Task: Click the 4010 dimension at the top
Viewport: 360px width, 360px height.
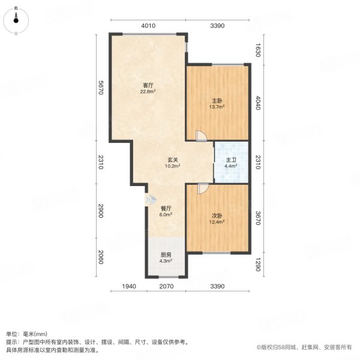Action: point(149,25)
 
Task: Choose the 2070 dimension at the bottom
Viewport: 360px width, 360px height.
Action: point(166,286)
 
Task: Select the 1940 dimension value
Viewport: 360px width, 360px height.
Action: point(127,286)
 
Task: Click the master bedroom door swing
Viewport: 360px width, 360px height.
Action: point(202,136)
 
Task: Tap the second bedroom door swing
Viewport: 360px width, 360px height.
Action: point(203,188)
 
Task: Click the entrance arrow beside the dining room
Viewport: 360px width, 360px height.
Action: point(148,199)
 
